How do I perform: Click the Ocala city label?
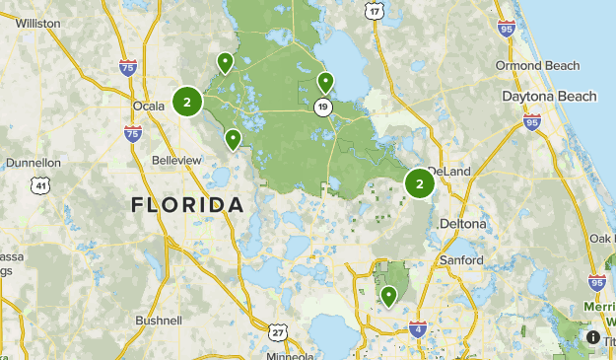click(x=149, y=106)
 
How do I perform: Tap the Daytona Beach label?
click(x=549, y=97)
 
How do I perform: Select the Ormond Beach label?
click(x=532, y=65)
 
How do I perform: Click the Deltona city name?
click(x=462, y=224)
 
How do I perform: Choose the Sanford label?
click(x=460, y=259)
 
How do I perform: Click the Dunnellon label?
click(x=33, y=163)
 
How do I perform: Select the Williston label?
click(x=38, y=22)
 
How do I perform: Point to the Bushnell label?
click(x=158, y=321)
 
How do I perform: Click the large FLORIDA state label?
click(x=187, y=205)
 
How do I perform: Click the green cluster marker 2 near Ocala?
click(x=187, y=101)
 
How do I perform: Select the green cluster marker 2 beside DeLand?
click(x=420, y=182)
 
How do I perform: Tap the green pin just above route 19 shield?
click(x=325, y=83)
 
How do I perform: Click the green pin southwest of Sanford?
click(x=389, y=295)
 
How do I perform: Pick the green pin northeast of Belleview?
click(x=233, y=139)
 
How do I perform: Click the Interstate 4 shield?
click(x=418, y=328)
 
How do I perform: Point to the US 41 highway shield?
click(x=40, y=185)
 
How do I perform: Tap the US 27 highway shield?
click(x=278, y=332)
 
